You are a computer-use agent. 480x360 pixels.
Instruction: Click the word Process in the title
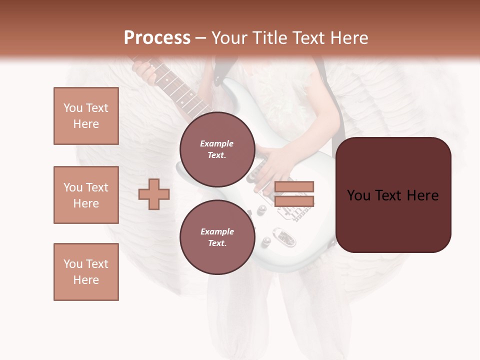[157, 38]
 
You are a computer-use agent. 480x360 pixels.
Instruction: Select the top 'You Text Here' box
[86, 116]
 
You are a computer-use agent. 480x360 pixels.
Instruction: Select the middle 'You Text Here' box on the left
[86, 195]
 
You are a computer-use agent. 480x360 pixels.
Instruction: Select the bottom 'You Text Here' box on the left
[86, 272]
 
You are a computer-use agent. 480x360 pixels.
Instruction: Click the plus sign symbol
[154, 194]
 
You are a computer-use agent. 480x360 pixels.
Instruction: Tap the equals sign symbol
[294, 194]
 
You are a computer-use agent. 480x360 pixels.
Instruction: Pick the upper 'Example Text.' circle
[217, 149]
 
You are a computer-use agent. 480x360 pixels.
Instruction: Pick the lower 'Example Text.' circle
[217, 237]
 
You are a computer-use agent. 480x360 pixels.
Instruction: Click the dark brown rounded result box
[393, 195]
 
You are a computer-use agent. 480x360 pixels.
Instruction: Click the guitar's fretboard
[180, 92]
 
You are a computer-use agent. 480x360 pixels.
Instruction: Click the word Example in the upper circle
[217, 143]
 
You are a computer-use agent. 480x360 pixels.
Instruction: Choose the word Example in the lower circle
[217, 231]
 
